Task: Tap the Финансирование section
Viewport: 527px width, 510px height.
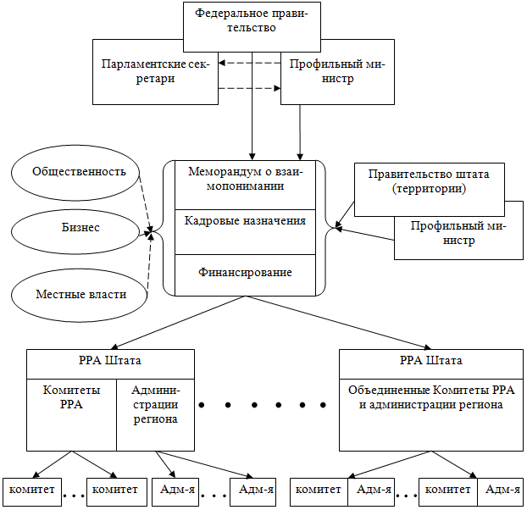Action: pyautogui.click(x=246, y=274)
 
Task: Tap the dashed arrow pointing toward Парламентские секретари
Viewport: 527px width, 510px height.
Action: pyautogui.click(x=250, y=62)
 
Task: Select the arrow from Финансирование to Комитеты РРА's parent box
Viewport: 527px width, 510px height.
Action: pyautogui.click(x=178, y=320)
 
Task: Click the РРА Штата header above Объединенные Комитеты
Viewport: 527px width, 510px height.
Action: pyautogui.click(x=430, y=361)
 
